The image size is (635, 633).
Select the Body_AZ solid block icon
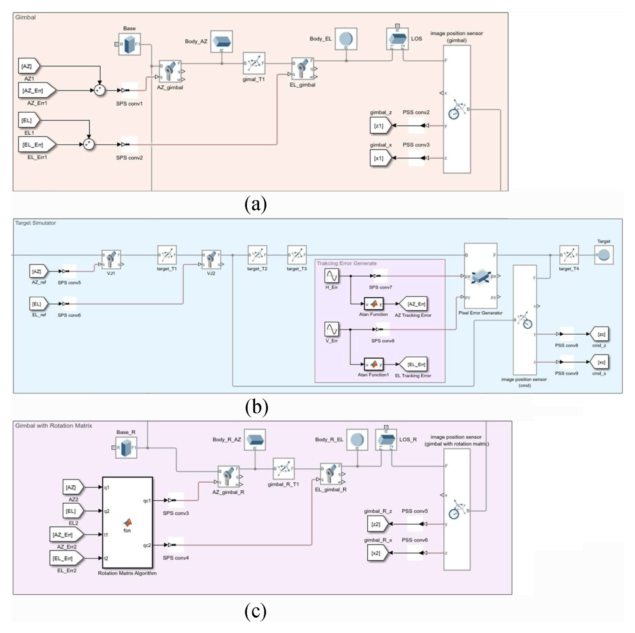click(222, 41)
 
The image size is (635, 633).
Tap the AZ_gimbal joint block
click(170, 71)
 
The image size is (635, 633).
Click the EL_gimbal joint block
click(303, 69)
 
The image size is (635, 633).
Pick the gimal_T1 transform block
click(254, 63)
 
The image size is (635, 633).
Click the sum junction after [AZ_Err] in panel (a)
click(99, 90)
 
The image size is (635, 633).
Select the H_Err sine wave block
click(332, 276)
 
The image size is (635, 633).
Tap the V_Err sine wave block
click(332, 329)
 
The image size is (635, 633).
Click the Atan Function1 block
click(374, 364)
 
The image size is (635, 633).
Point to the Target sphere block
click(604, 256)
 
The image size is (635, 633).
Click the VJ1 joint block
click(111, 259)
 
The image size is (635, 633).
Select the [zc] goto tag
click(600, 334)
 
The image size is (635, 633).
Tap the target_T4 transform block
click(569, 255)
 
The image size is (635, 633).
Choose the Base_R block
click(126, 447)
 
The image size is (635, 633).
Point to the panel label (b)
click(256, 407)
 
